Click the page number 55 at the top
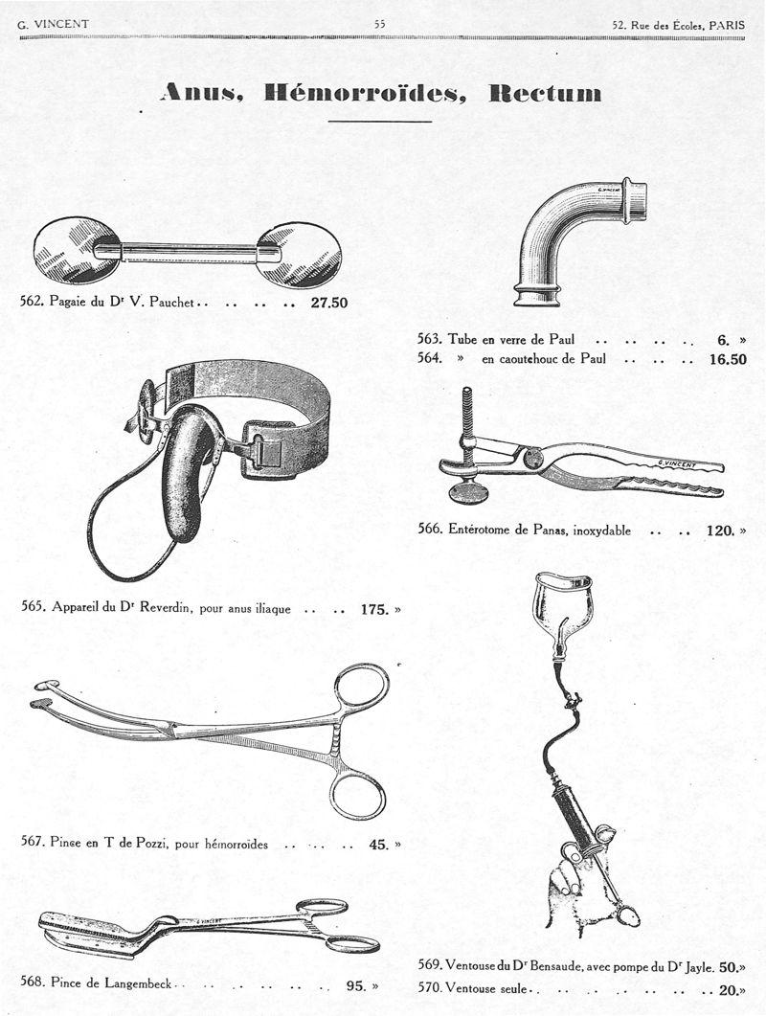coord(380,24)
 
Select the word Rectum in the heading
coord(545,93)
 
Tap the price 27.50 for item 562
coord(329,303)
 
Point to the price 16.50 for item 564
coord(728,360)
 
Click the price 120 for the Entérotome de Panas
coord(719,531)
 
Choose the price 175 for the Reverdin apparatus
coord(374,608)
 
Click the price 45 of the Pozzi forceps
coord(378,845)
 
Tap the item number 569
coord(431,966)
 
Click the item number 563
coord(429,339)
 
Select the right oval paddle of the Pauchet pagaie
coord(301,254)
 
